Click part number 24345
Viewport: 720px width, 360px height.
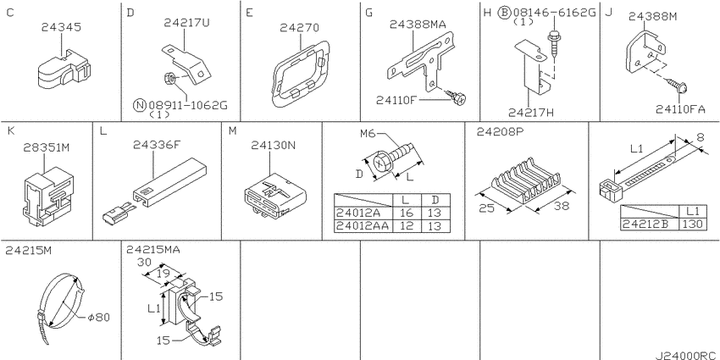click(x=61, y=28)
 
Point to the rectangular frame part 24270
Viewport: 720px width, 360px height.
click(x=302, y=73)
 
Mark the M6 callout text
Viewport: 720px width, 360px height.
click(x=368, y=134)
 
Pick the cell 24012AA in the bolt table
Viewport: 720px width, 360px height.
click(x=363, y=225)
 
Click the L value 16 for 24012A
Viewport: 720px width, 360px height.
click(x=406, y=213)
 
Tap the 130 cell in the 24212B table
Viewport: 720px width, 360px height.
click(x=691, y=224)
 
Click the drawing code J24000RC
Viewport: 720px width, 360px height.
click(x=685, y=355)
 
